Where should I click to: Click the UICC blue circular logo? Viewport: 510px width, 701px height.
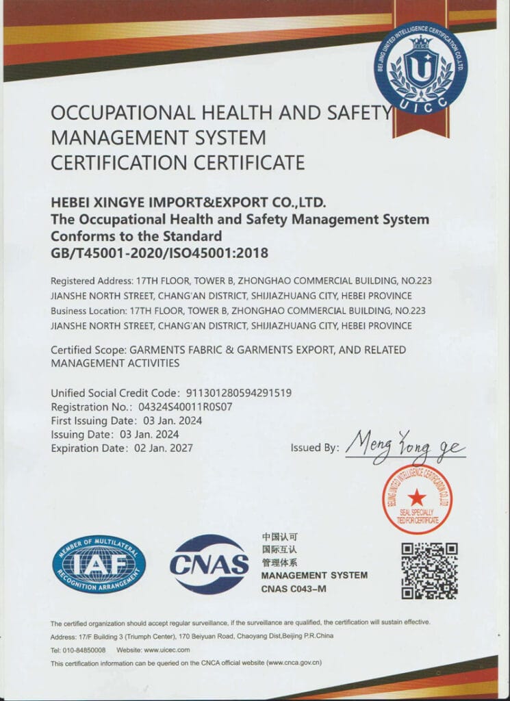tap(420, 68)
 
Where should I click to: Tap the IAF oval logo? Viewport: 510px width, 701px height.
tap(99, 564)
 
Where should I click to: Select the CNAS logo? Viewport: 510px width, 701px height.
tap(209, 563)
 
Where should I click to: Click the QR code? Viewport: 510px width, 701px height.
tap(429, 570)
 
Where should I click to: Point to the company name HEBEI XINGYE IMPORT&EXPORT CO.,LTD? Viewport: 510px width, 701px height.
tap(188, 203)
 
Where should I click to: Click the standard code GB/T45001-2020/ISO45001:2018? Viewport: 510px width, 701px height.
tap(160, 253)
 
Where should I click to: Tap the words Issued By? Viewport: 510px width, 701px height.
tap(315, 448)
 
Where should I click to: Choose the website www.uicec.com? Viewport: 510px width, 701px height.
tap(166, 650)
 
